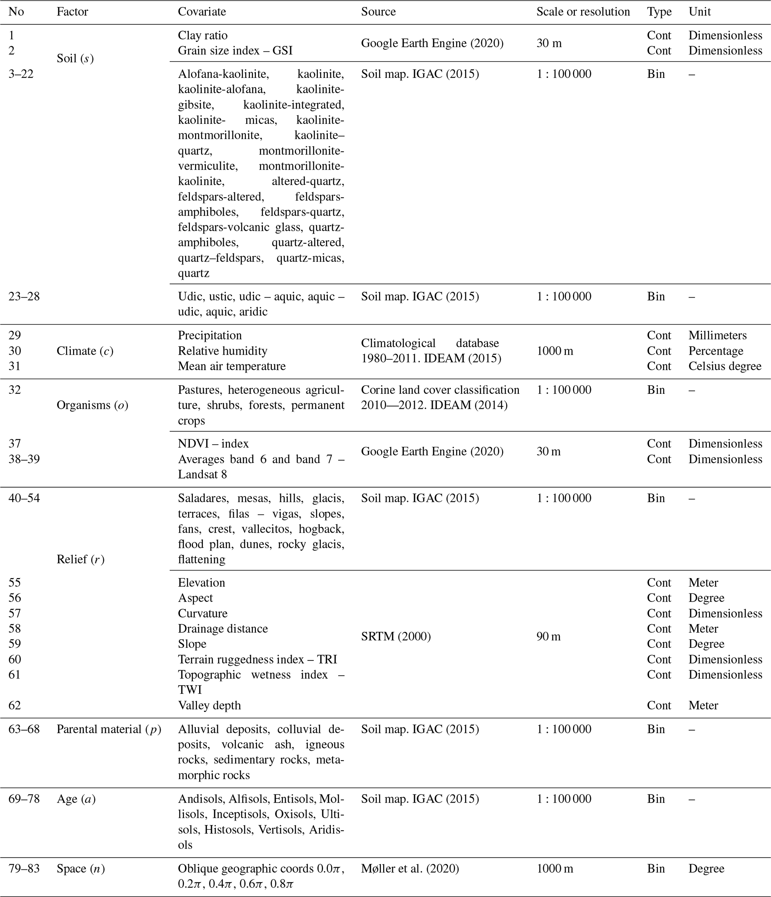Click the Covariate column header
202,12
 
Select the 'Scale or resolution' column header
583,12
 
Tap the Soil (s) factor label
75,59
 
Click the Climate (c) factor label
85,351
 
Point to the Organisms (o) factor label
92,405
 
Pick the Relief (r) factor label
81,559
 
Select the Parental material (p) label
109,730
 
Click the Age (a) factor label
76,799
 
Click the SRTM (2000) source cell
396,636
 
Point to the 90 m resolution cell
548,636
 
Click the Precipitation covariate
210,336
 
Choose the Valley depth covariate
210,705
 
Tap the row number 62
15,705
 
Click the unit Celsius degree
725,366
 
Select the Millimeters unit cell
717,336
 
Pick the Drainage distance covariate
223,628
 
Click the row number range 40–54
24,498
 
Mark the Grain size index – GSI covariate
235,51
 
